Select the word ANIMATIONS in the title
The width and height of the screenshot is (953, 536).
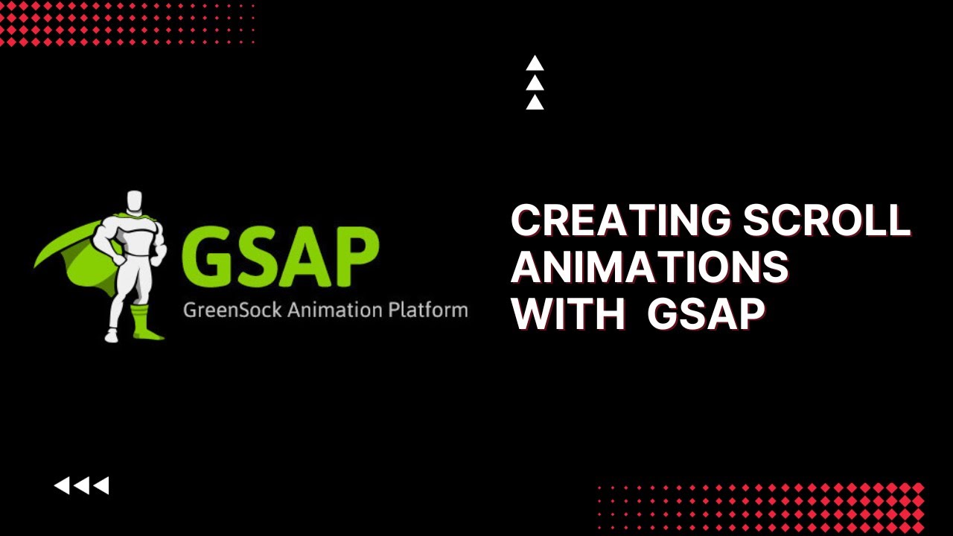(x=649, y=267)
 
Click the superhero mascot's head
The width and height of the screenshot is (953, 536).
(x=134, y=202)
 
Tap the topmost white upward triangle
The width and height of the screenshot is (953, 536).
(x=535, y=63)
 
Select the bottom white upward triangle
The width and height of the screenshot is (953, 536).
(x=535, y=103)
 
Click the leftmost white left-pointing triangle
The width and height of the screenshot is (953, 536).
(x=62, y=486)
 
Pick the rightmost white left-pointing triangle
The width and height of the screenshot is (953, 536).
(x=101, y=486)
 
